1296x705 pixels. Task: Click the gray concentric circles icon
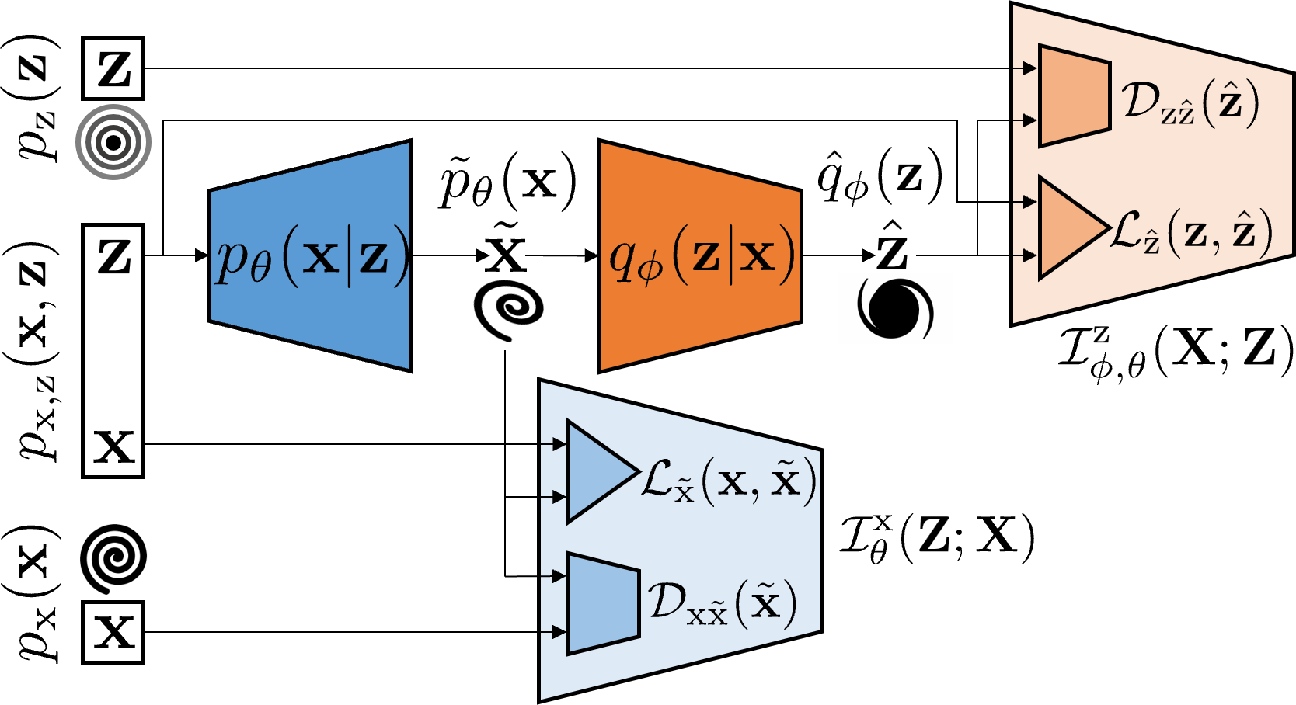113,142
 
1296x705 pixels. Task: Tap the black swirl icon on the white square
895,308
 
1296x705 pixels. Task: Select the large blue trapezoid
311,326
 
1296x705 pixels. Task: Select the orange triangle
1066,227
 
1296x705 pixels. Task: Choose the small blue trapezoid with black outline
603,603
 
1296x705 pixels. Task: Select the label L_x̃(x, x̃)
729,481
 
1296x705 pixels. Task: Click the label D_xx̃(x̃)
723,603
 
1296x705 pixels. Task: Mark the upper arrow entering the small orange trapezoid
1026,68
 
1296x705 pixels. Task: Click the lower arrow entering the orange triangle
1026,255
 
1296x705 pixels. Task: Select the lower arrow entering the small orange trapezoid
1026,120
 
